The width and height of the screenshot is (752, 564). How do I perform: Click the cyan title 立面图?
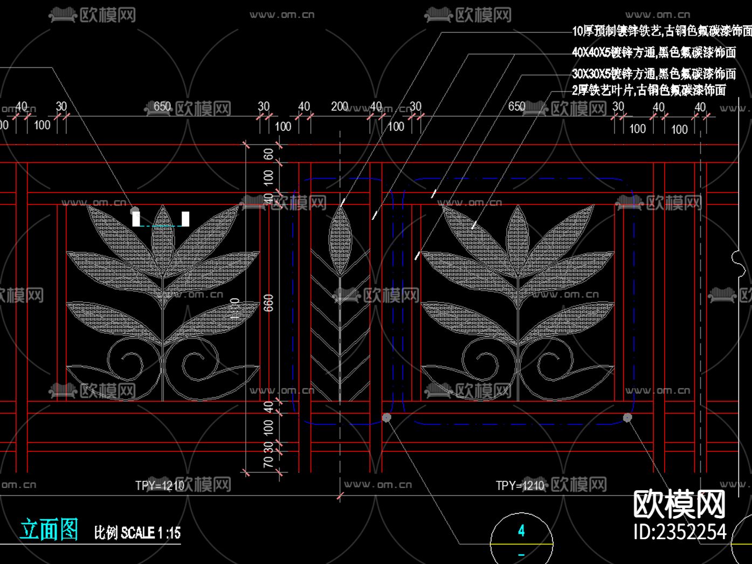tap(49, 529)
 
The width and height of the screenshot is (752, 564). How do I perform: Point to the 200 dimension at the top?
tap(340, 106)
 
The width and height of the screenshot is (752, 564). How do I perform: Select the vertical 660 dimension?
tap(268, 302)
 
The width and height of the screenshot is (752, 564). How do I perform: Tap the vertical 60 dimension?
tap(268, 154)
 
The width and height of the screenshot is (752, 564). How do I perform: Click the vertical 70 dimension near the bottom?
tap(268, 462)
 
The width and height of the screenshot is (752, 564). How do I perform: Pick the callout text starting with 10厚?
tap(661, 31)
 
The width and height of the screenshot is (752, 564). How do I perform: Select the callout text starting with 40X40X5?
tap(653, 52)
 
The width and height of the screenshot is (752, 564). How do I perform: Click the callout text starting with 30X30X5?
tap(653, 73)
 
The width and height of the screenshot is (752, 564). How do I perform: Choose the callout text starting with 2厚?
tap(648, 90)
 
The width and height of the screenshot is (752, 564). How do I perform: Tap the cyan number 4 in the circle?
tap(521, 531)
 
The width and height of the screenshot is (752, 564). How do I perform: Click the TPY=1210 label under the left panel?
tap(160, 485)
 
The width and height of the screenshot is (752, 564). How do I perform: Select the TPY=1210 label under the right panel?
tap(520, 485)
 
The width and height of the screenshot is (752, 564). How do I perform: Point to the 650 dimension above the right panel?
tap(516, 106)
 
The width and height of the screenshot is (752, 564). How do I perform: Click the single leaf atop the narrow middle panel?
tap(340, 240)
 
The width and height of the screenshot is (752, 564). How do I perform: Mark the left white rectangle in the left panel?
tap(136, 219)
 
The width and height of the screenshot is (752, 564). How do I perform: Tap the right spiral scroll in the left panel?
tap(197, 362)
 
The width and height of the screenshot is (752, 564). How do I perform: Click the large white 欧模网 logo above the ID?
tap(679, 504)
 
